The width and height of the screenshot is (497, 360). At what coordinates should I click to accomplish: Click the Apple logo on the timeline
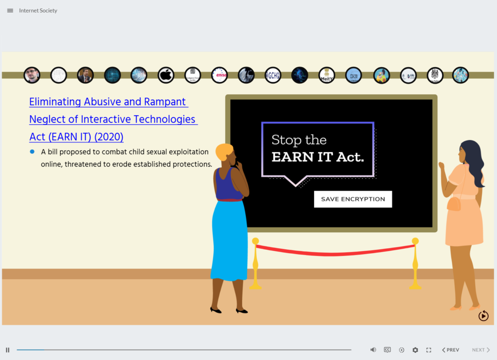(166, 75)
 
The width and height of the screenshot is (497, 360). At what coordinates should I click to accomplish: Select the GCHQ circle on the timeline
(273, 75)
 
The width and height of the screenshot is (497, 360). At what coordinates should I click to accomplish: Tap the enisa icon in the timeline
(219, 75)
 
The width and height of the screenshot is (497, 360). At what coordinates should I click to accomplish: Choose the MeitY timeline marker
(327, 75)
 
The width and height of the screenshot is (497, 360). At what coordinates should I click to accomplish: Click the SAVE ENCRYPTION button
(353, 199)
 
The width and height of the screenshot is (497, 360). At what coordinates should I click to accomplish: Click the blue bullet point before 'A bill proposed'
(33, 152)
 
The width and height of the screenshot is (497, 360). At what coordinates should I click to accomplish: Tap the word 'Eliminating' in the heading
(55, 102)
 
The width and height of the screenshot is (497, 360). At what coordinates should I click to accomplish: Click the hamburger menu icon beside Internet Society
(10, 11)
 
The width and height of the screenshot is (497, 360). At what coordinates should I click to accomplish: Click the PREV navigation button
(450, 350)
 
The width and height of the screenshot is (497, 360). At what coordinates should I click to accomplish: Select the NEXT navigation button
(481, 350)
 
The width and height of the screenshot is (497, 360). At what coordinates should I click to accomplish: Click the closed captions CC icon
(387, 350)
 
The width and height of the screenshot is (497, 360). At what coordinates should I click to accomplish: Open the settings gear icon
(415, 350)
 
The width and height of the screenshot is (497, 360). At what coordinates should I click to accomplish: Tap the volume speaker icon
(373, 350)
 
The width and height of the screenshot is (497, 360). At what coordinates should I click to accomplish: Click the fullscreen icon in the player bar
(429, 350)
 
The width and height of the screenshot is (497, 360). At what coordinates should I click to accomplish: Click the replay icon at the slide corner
(483, 316)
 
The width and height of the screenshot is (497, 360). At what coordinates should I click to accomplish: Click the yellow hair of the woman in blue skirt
(224, 152)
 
